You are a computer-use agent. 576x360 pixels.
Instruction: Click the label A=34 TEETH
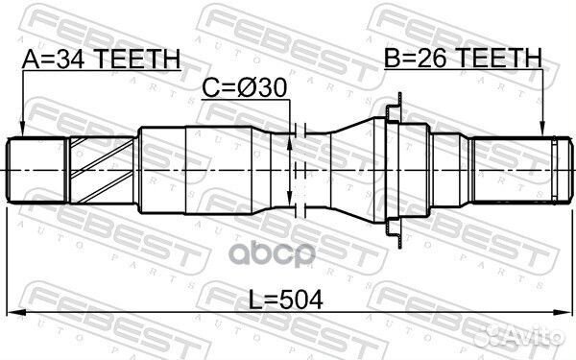(x=101, y=60)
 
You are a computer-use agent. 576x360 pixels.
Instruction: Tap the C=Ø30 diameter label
(x=245, y=88)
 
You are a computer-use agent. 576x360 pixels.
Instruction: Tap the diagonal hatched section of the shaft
(x=101, y=169)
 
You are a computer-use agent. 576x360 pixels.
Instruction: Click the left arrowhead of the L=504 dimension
(x=12, y=313)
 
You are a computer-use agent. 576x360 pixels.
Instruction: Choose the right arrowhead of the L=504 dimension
(x=562, y=313)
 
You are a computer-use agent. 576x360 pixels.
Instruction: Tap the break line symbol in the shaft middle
(x=300, y=169)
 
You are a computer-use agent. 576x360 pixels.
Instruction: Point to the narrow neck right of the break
(x=322, y=169)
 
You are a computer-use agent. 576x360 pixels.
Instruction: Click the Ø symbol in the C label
(x=252, y=88)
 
